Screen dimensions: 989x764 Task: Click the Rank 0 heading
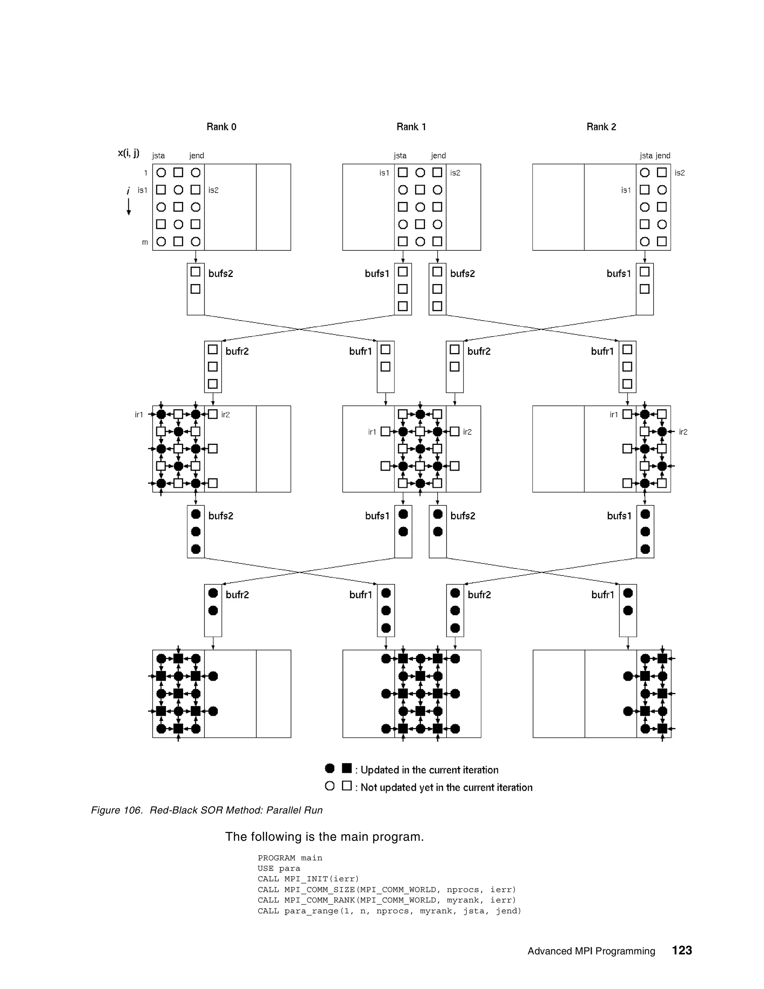[x=221, y=127]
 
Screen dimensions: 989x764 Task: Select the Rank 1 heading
[x=411, y=127]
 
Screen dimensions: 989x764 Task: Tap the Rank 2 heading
[x=601, y=127]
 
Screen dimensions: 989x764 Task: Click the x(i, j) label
[x=129, y=153]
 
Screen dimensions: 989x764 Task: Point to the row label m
[x=145, y=242]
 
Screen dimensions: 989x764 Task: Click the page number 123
[x=682, y=950]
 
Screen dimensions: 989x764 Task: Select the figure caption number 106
[x=132, y=810]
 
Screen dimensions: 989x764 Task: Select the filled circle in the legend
[x=330, y=768]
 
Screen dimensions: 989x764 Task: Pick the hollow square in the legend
[x=347, y=786]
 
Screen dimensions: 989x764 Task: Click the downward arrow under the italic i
[x=129, y=207]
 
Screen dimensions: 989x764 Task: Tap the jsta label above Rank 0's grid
[x=159, y=156]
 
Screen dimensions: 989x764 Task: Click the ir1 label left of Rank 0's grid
[x=139, y=414]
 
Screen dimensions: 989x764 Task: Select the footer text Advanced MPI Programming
[x=591, y=951]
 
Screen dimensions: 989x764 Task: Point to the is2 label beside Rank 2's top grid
[x=679, y=173]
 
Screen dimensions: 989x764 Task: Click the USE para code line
[x=279, y=868]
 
